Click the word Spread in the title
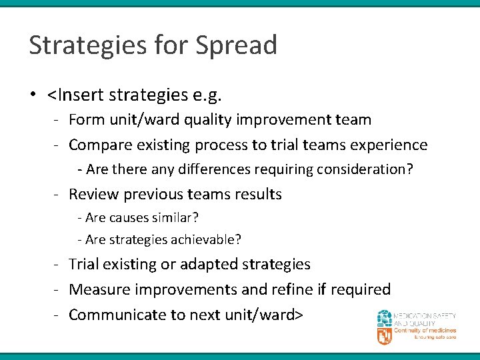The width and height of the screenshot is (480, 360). [x=236, y=46]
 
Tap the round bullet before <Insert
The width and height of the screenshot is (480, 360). [x=33, y=95]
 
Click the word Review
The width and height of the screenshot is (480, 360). [x=91, y=195]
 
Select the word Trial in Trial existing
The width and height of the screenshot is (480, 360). [x=83, y=264]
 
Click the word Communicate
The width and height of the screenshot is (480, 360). [x=111, y=315]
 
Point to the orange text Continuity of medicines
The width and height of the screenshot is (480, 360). [x=425, y=331]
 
